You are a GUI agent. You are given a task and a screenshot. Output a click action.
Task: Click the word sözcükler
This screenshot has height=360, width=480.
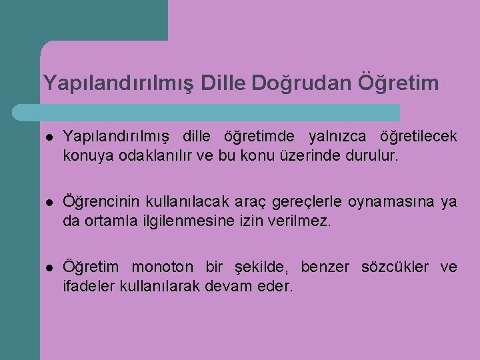397,268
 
